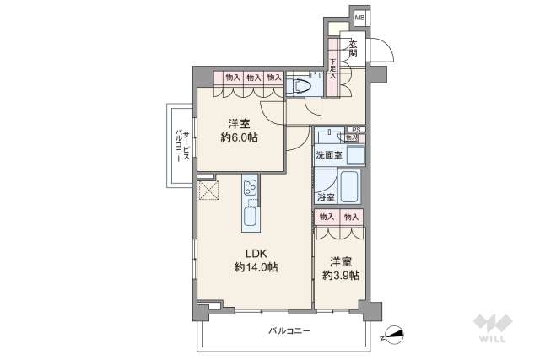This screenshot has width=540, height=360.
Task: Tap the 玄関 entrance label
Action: click(353, 48)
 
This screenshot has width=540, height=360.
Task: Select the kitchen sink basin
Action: click(251, 218)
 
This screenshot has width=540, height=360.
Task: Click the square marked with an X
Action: click(208, 190)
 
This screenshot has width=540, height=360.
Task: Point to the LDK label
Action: click(256, 252)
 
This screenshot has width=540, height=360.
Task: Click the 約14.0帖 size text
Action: click(256, 267)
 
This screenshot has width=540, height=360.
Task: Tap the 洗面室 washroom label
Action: click(329, 156)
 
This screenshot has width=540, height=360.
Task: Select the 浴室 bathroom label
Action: click(326, 196)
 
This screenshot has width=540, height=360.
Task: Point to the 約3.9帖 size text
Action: click(341, 275)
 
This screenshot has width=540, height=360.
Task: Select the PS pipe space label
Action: click(357, 128)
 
